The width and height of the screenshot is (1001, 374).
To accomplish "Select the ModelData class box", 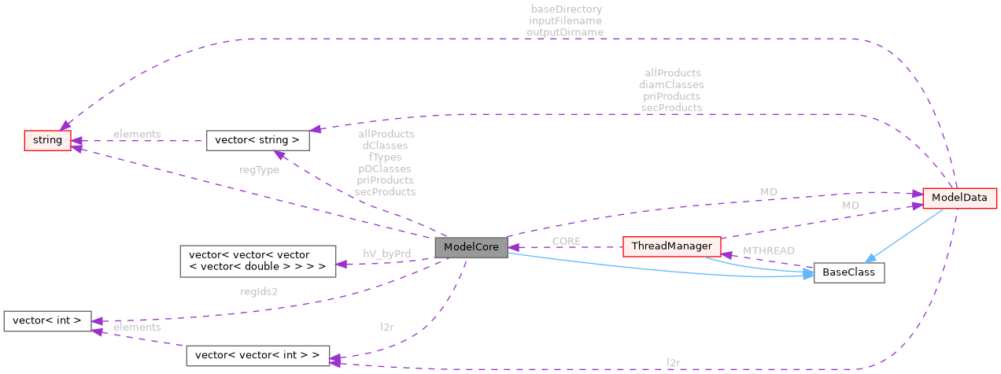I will point(959,198).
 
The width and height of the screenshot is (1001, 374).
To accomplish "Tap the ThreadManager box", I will point(671,247).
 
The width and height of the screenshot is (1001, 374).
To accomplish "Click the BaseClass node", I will point(848,273).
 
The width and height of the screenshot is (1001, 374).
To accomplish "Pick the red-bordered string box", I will point(47,141).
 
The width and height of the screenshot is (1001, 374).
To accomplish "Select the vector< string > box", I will point(257,141).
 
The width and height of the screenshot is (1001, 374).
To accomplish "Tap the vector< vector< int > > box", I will point(257,355).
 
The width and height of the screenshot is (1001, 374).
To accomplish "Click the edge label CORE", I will point(567,240).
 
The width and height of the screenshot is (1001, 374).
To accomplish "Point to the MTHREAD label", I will point(768,250).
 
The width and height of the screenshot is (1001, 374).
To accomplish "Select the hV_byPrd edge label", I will point(386,254).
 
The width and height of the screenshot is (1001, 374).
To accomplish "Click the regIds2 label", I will point(259,291).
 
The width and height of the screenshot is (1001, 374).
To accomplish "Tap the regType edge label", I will point(259,170).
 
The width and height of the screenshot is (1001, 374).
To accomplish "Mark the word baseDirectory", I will point(565,9).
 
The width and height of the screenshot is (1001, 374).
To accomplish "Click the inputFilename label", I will point(565,21).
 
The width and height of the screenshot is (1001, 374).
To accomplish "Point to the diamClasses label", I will point(671,84).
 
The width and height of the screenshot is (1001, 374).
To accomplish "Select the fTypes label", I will point(385,157).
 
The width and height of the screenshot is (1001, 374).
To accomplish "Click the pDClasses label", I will point(385,168).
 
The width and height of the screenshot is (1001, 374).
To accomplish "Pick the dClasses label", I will point(385,146).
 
